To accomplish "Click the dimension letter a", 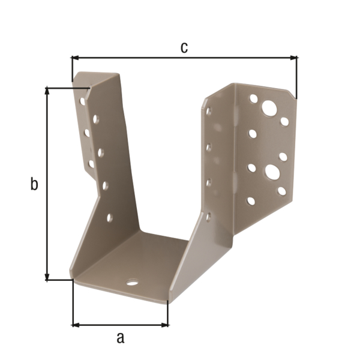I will pos(120,338).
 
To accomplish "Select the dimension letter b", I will pos(34,184).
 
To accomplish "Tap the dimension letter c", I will pos(184,47).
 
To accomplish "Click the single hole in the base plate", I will pos(131,282).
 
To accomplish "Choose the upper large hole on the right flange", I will pos(269,109).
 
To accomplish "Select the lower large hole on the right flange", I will pos(271,172).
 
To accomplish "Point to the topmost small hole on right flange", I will pos(254,98).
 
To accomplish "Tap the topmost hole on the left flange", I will pos(82,101).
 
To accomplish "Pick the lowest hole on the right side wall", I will pos(208,216).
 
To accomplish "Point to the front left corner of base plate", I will pos(73,278).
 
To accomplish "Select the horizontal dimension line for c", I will pos(184,58).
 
